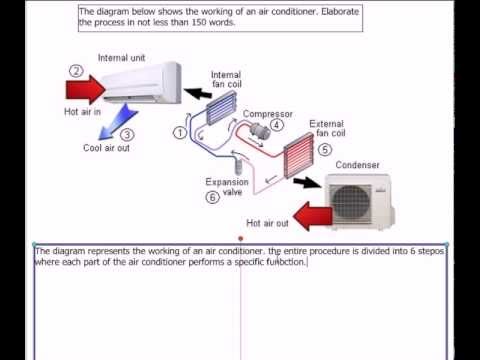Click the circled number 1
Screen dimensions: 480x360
point(180,133)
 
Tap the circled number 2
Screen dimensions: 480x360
point(76,71)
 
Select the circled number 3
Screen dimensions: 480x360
point(127,135)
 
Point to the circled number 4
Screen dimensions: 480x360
point(277,125)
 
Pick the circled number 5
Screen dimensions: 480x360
point(325,149)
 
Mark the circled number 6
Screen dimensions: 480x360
point(212,197)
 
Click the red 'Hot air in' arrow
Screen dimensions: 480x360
point(86,89)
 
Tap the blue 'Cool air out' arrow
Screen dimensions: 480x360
point(117,122)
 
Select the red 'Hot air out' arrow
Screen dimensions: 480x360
point(313,216)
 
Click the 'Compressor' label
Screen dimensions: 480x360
point(268,114)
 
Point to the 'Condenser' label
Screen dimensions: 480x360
point(357,165)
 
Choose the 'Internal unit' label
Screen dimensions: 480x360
point(121,58)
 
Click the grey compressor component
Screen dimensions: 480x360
point(260,131)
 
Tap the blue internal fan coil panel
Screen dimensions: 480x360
point(221,108)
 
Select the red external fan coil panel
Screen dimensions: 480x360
point(299,155)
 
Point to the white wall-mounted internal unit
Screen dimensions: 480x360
point(142,82)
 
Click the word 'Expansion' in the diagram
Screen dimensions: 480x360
point(227,182)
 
